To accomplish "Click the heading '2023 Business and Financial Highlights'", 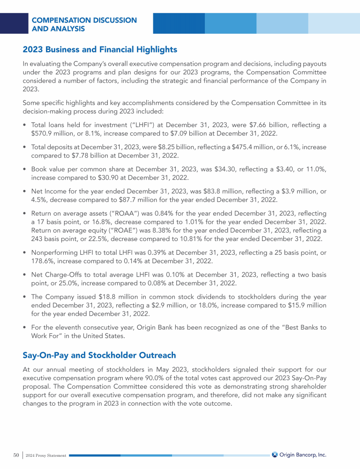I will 100,49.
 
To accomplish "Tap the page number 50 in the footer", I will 16,455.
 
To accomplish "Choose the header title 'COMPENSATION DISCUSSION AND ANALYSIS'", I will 84,24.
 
